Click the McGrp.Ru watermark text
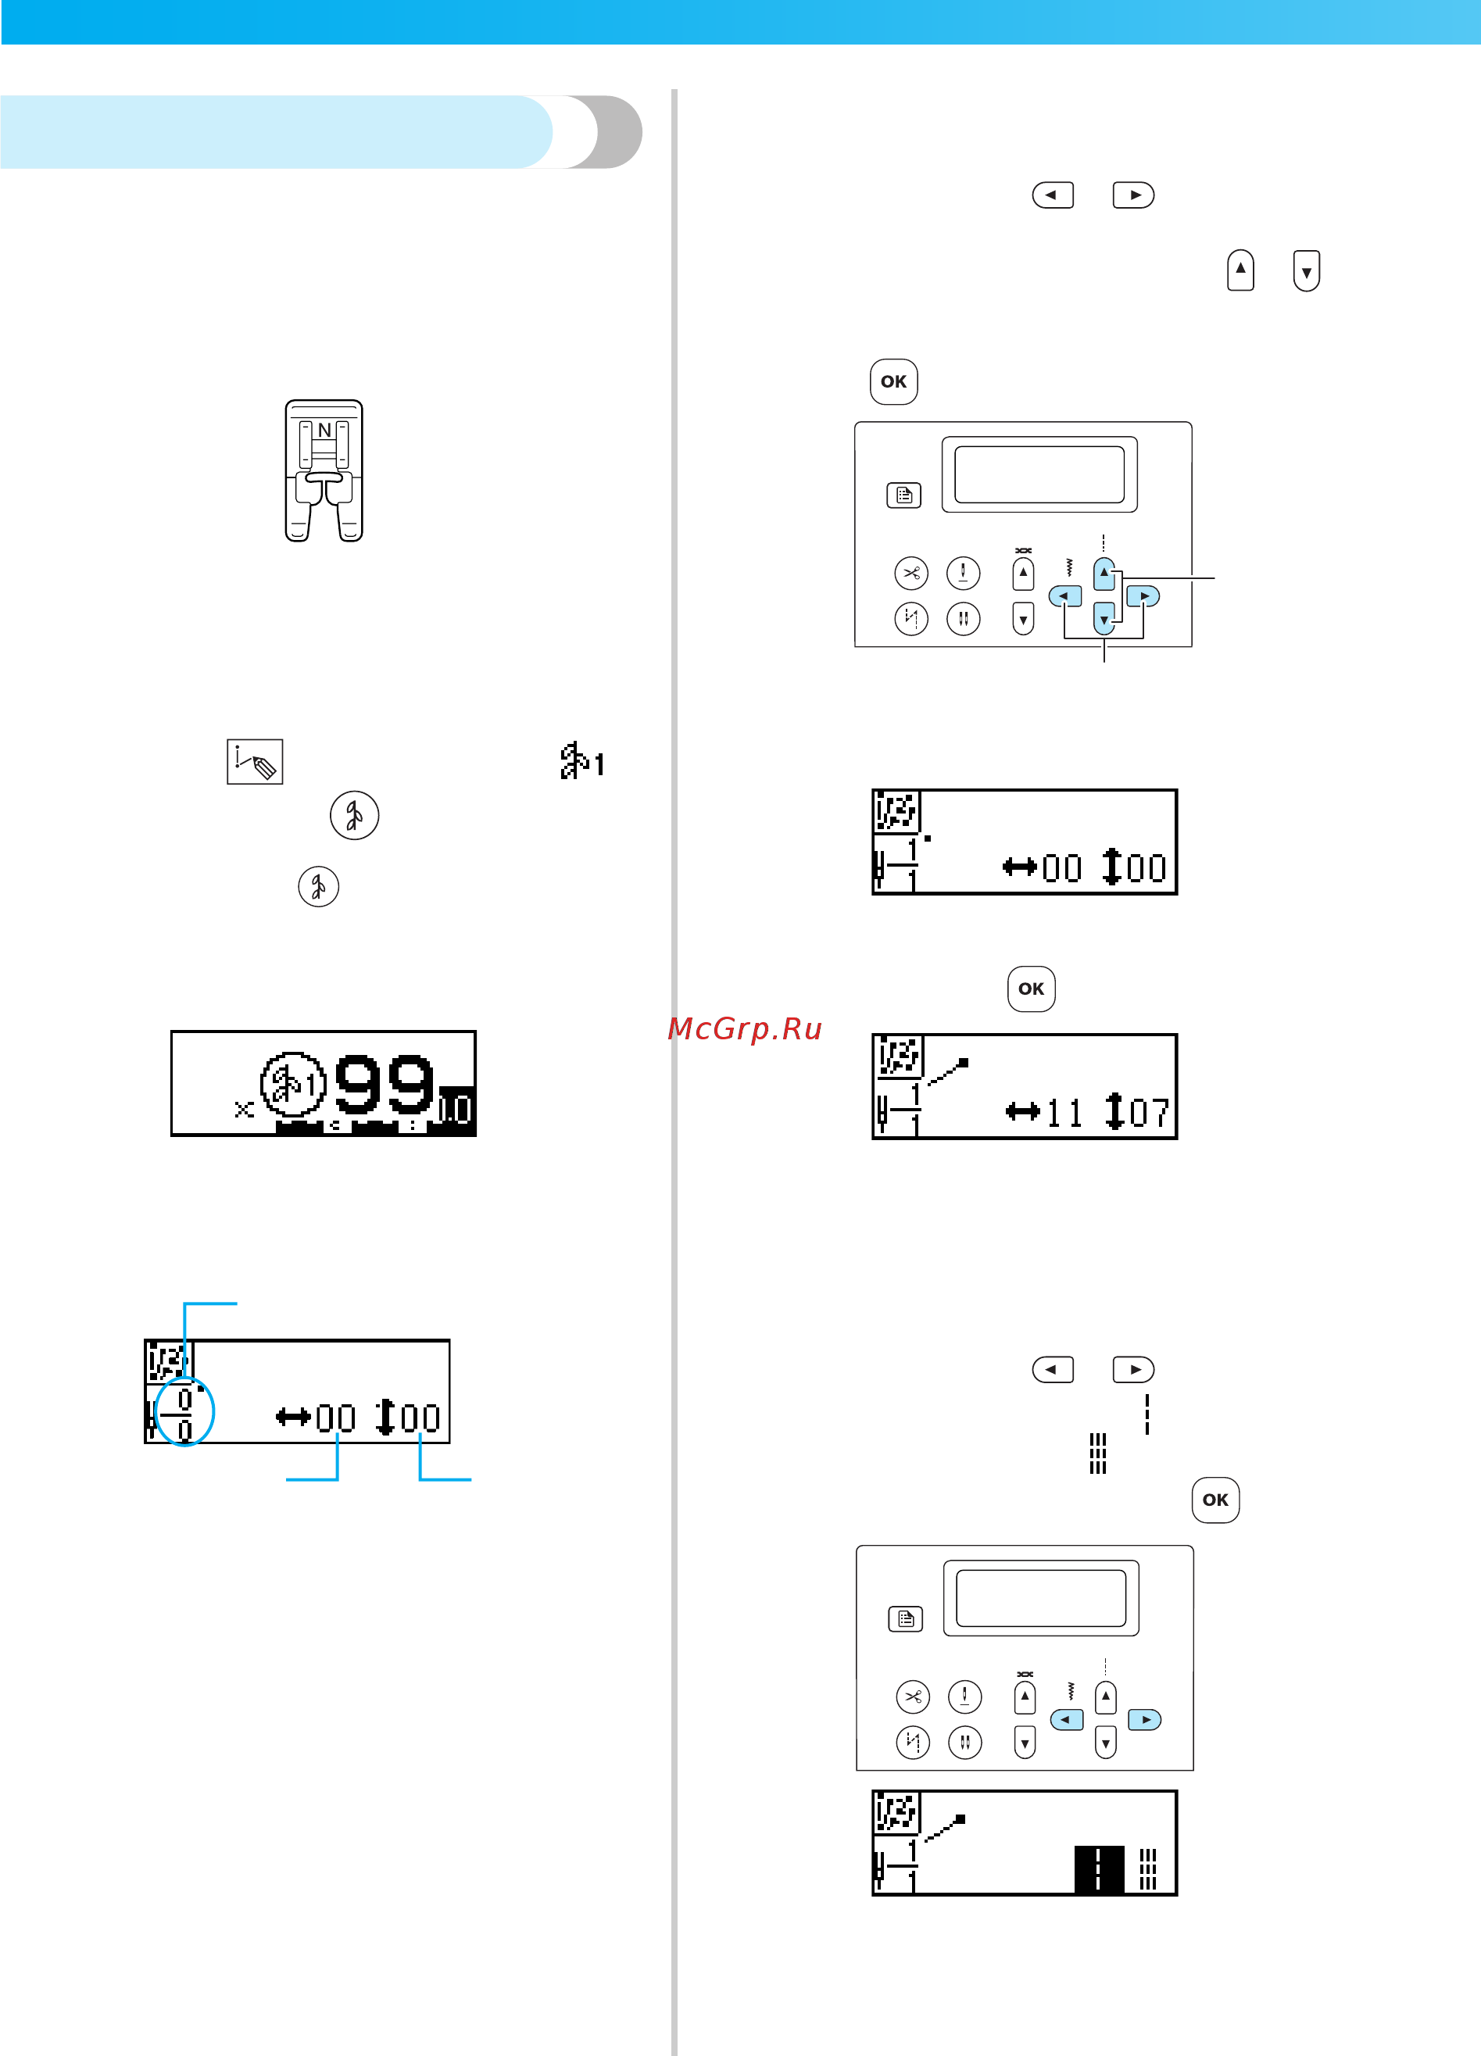(744, 1029)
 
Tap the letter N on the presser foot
(324, 430)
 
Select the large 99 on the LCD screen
(385, 1083)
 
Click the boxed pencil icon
(255, 761)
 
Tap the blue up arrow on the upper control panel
(1104, 574)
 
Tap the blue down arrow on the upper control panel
(1104, 618)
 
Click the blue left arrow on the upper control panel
(1065, 596)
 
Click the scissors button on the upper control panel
(911, 573)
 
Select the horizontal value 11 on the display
(1064, 1114)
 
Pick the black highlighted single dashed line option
(1099, 1868)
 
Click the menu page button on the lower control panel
(906, 1619)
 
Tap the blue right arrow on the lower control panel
(1145, 1720)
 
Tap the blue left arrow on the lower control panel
(1067, 1720)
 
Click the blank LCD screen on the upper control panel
(1039, 474)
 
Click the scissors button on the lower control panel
(913, 1696)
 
